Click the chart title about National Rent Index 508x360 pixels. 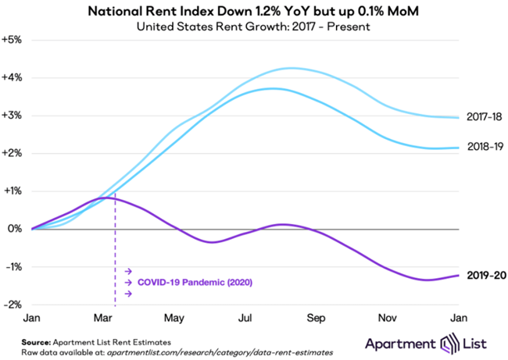(254, 12)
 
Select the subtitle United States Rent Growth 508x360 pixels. (253, 27)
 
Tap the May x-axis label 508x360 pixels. (174, 319)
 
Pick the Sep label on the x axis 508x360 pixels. (316, 319)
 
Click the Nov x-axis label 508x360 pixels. (387, 319)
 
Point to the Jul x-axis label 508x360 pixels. (245, 319)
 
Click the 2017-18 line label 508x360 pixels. (481, 118)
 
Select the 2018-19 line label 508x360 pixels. (481, 147)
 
